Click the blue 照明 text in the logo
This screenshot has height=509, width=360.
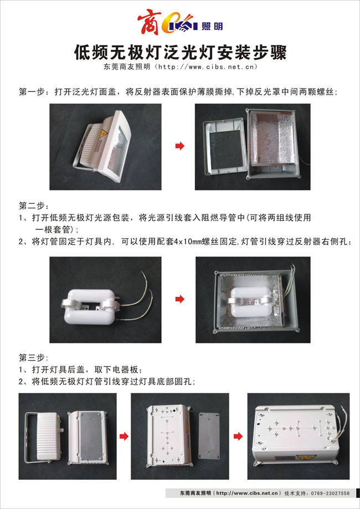[212, 27]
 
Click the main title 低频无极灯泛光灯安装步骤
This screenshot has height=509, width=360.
[181, 52]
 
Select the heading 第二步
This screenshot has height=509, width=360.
[33, 206]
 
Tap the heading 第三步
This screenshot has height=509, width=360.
[33, 358]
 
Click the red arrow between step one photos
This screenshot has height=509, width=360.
[180, 146]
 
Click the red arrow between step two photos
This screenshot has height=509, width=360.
[180, 299]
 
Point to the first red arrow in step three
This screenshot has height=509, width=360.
[124, 436]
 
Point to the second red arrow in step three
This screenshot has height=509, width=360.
[238, 436]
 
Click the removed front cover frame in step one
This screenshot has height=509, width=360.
[224, 146]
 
